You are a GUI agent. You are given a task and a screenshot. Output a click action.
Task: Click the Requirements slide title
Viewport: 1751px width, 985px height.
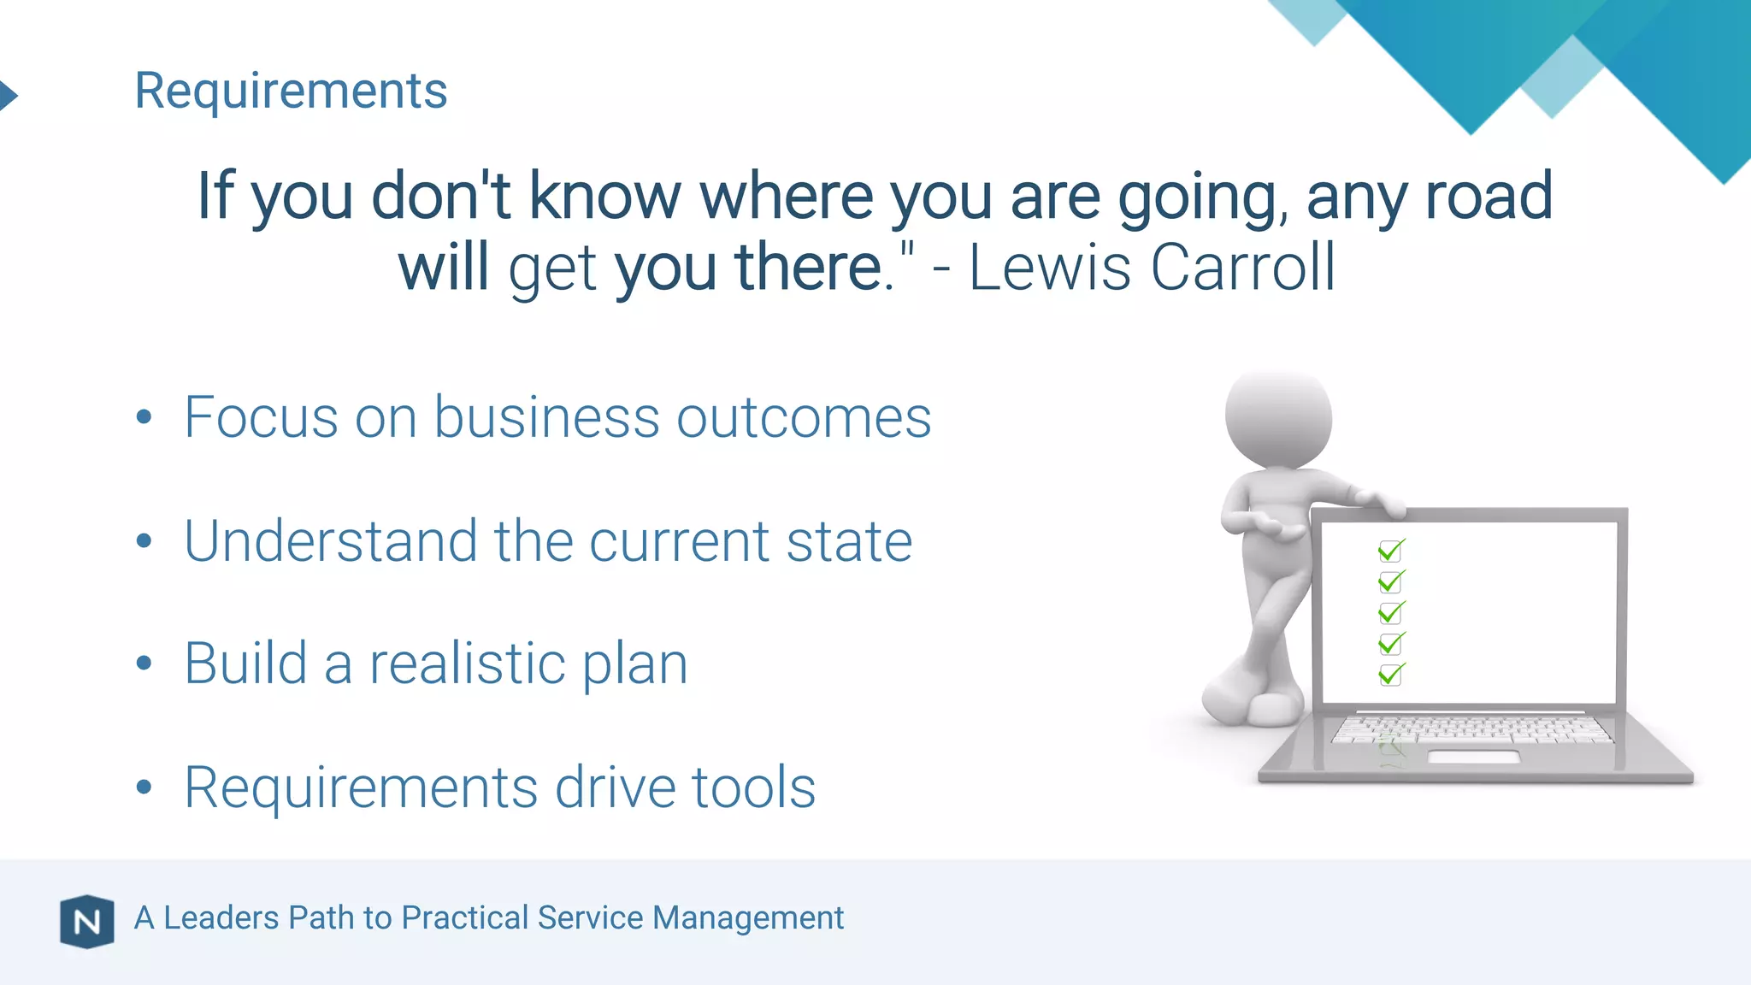pos(291,91)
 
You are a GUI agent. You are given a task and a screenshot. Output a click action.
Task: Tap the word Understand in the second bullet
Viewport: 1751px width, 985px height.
pos(330,541)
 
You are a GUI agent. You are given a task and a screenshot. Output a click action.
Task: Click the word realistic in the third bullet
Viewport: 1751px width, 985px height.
pos(467,664)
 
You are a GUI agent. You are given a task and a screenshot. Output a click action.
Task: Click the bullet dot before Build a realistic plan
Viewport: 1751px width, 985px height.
pos(144,663)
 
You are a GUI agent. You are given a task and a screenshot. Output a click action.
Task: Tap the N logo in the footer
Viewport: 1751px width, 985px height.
pos(86,922)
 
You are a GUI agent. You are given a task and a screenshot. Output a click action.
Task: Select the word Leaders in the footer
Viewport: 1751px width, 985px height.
pos(221,917)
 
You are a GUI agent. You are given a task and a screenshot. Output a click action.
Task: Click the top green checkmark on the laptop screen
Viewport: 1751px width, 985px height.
pos(1391,550)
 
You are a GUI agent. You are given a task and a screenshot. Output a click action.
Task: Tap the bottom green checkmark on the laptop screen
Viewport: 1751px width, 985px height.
pos(1391,674)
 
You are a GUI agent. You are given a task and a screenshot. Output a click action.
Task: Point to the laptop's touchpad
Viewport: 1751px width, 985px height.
pos(1473,757)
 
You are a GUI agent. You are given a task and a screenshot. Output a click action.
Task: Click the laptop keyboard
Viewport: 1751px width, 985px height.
pos(1471,728)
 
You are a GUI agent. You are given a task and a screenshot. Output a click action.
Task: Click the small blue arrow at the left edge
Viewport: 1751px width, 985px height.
pos(8,94)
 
